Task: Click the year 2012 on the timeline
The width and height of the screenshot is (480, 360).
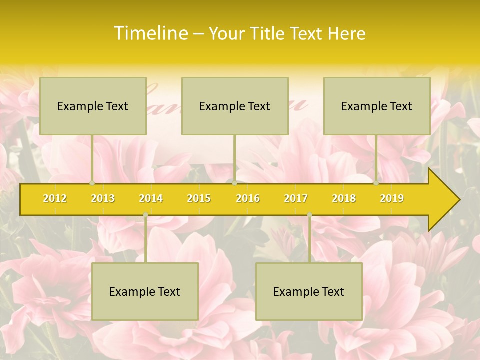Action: coord(55,199)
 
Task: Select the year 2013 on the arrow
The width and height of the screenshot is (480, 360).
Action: coord(103,199)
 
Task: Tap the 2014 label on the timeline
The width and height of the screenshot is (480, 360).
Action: coord(151,199)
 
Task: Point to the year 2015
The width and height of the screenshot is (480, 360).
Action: coord(199,199)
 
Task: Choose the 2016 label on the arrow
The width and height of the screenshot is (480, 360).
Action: coord(248,199)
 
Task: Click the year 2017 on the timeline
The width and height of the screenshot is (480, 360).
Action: coord(296,199)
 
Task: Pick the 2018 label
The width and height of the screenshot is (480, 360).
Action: coord(344,199)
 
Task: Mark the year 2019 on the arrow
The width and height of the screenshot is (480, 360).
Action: coord(392,199)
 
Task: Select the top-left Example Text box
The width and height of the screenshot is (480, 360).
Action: coord(93,106)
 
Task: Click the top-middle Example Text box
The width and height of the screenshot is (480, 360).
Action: coord(235,106)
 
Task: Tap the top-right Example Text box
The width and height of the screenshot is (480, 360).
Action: coord(377,106)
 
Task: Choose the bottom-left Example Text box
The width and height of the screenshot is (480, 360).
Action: coord(145,292)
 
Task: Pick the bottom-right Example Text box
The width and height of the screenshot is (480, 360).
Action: coord(309,292)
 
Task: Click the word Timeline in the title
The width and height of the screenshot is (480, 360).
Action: coord(150,33)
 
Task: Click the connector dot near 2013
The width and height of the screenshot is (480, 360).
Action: coord(92,183)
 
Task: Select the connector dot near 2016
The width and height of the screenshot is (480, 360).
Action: coord(234,183)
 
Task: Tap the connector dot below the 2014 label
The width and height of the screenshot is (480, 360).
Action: coord(145,215)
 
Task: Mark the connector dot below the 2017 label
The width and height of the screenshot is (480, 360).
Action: coord(309,215)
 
